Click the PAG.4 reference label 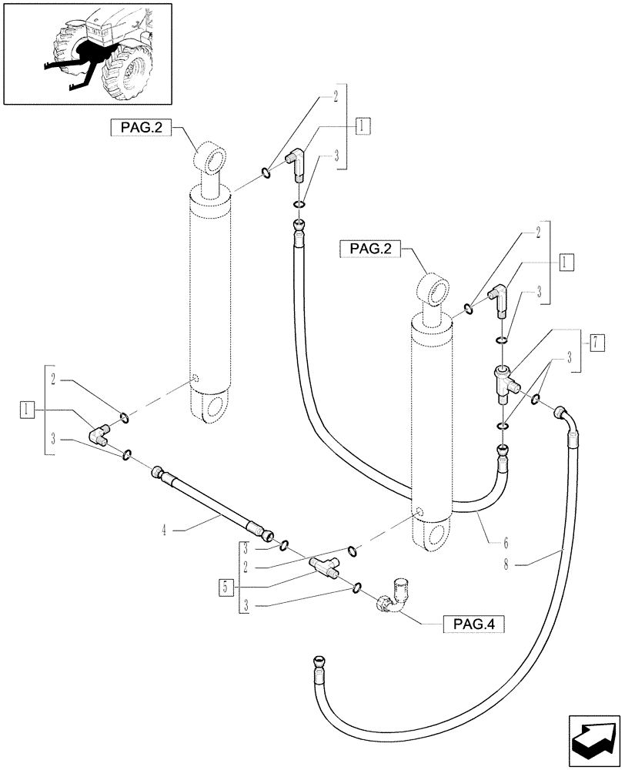tap(473, 623)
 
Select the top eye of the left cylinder tap(211, 159)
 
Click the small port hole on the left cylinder tap(196, 379)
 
